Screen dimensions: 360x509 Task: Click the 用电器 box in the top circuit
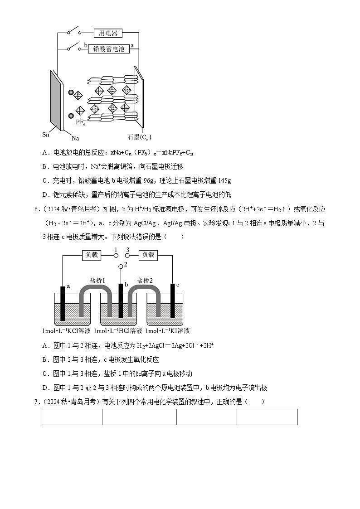click(x=108, y=33)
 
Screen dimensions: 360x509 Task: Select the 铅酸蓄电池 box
click(x=108, y=49)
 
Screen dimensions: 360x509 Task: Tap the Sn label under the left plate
click(x=46, y=135)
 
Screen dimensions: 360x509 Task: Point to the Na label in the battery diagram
click(x=75, y=137)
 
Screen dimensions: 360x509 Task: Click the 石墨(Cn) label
click(x=139, y=137)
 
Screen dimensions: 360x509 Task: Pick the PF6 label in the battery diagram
click(x=81, y=122)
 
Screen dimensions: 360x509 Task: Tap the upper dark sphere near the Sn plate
click(x=71, y=93)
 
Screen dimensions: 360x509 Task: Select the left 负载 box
click(x=92, y=255)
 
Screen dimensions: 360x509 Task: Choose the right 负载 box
click(x=148, y=255)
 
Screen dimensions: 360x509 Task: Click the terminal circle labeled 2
click(x=121, y=266)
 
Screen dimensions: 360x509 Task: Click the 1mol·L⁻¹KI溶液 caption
click(x=168, y=331)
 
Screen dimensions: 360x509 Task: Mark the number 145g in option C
click(x=224, y=181)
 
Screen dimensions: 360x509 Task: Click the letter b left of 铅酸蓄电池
click(x=85, y=46)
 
